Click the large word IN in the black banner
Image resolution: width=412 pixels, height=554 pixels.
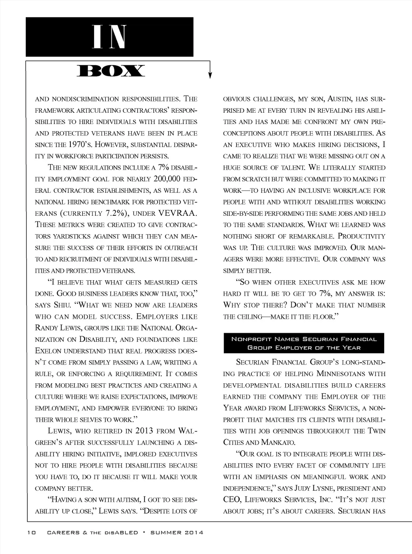pos(109,37)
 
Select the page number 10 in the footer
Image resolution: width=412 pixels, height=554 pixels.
pos(32,532)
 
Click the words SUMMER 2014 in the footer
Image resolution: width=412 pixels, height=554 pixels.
pos(177,532)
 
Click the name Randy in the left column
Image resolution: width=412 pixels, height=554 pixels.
pos(46,328)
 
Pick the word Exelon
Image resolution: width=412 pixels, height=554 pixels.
pos(48,351)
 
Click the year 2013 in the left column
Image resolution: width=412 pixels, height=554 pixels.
pos(144,431)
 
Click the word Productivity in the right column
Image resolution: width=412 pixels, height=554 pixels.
pos(361,236)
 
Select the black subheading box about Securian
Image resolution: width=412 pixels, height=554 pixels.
pos(304,343)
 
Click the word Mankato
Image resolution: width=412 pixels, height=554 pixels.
pos(278,442)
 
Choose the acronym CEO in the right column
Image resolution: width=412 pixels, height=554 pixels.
pos(232,500)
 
